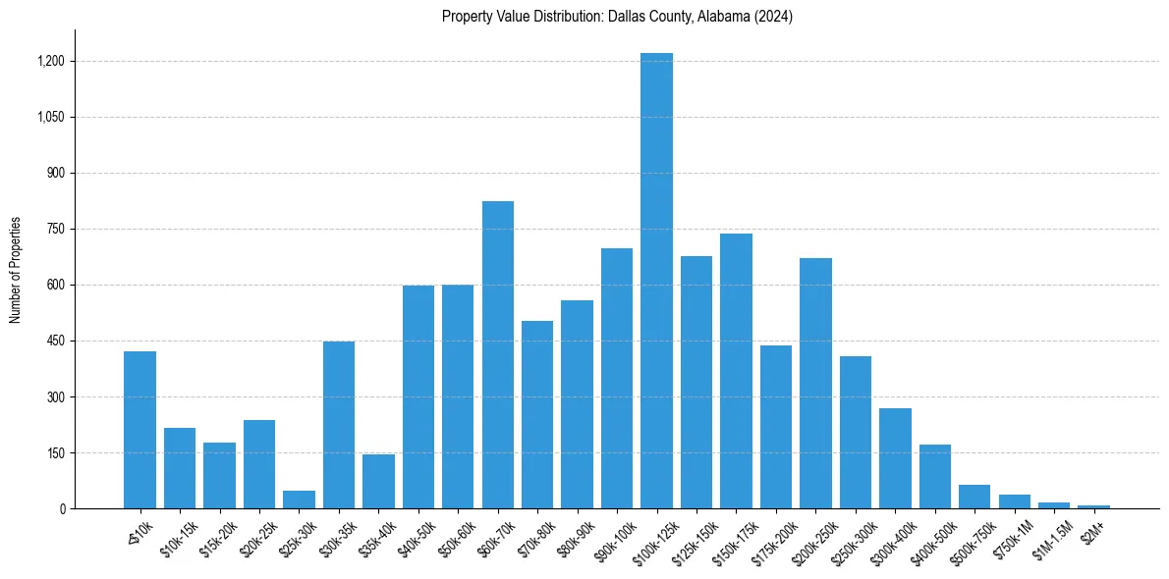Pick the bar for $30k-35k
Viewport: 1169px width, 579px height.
pyautogui.click(x=339, y=425)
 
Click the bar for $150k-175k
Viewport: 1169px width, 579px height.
pyautogui.click(x=736, y=371)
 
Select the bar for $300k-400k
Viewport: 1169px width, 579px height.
pyautogui.click(x=895, y=458)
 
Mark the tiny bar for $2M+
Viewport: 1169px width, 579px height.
pyautogui.click(x=1093, y=506)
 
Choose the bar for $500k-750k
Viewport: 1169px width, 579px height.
pyautogui.click(x=974, y=497)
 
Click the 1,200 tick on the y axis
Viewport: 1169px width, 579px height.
pyautogui.click(x=51, y=61)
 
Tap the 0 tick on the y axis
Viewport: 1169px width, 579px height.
pyautogui.click(x=62, y=509)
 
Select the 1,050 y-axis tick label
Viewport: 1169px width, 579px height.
pyautogui.click(x=51, y=117)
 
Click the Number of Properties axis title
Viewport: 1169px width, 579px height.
pyautogui.click(x=15, y=270)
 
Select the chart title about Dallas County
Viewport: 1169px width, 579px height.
pyautogui.click(x=617, y=17)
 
